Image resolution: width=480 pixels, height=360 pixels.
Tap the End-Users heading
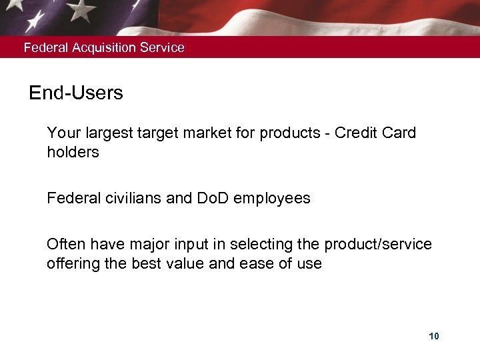point(76,93)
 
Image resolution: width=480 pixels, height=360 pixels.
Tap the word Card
point(399,133)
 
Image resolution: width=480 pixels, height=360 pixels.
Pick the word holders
point(73,152)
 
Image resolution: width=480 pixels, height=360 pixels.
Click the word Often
point(65,245)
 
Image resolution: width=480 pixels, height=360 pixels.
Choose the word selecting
point(251,245)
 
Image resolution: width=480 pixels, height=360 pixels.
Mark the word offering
point(71,263)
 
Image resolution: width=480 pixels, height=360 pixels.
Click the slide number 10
point(434,336)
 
